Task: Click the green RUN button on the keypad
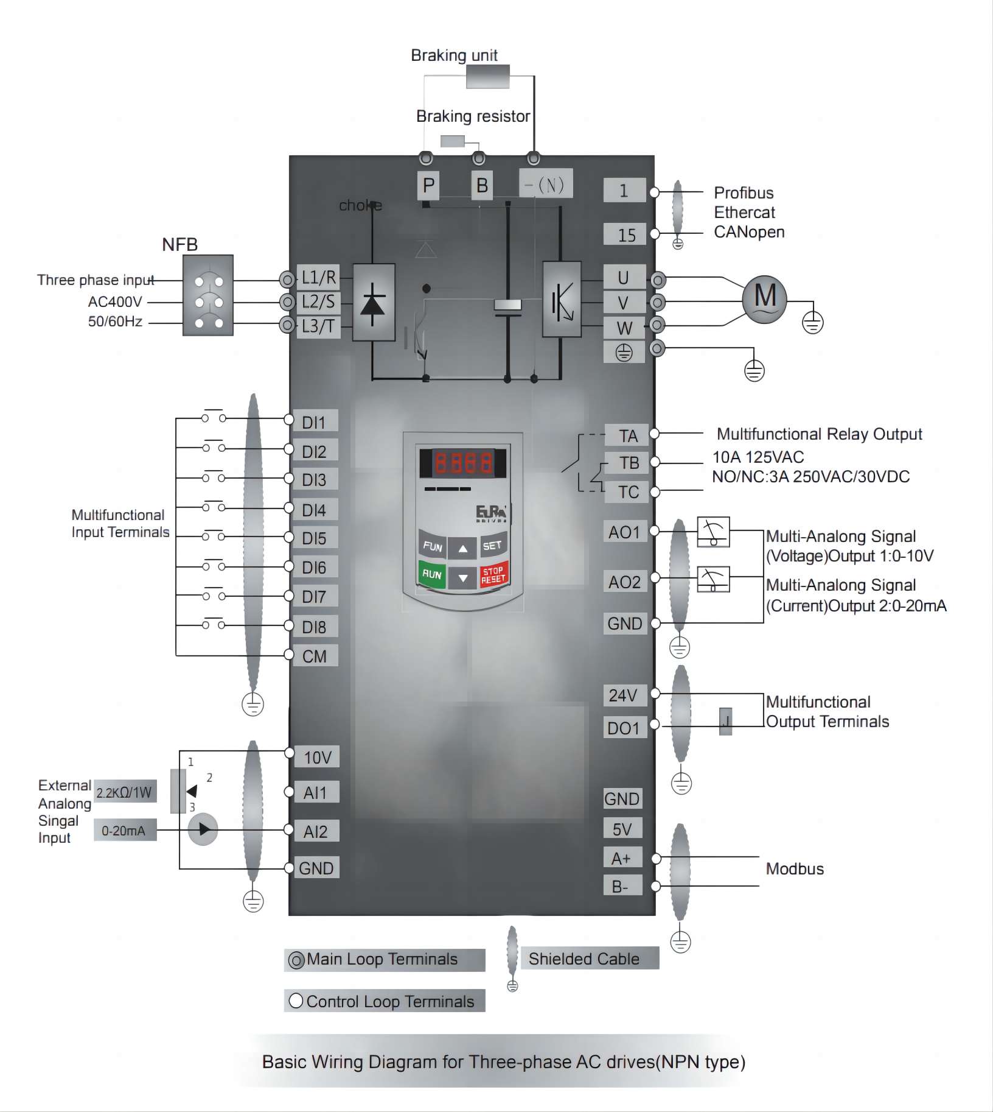[431, 574]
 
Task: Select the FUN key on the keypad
[432, 546]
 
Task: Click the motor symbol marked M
[764, 298]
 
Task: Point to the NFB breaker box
[208, 295]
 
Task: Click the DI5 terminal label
[315, 538]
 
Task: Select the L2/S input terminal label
[318, 302]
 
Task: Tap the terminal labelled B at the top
[482, 185]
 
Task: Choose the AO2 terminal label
[624, 582]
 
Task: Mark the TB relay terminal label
[629, 463]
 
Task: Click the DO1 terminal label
[624, 728]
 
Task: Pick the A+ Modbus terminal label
[621, 859]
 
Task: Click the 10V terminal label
[318, 758]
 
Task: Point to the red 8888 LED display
[463, 463]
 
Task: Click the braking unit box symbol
[487, 77]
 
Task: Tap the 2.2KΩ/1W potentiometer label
[124, 792]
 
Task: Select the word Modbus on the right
[795, 869]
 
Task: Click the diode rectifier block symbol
[374, 303]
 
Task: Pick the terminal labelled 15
[626, 235]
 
